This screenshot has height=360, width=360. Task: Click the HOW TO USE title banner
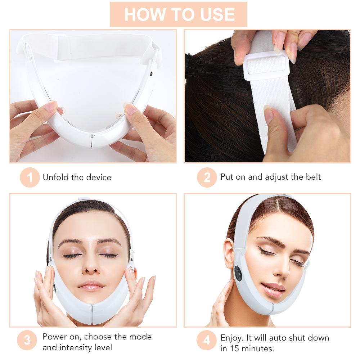click(x=179, y=14)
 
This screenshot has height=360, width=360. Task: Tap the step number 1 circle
click(x=30, y=177)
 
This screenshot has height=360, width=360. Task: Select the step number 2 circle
click(x=207, y=177)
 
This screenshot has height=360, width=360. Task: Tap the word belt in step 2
click(x=312, y=177)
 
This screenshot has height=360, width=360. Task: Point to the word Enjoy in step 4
click(x=232, y=338)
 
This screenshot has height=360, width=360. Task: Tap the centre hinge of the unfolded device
click(x=92, y=136)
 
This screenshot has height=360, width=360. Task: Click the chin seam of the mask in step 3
click(x=92, y=313)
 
